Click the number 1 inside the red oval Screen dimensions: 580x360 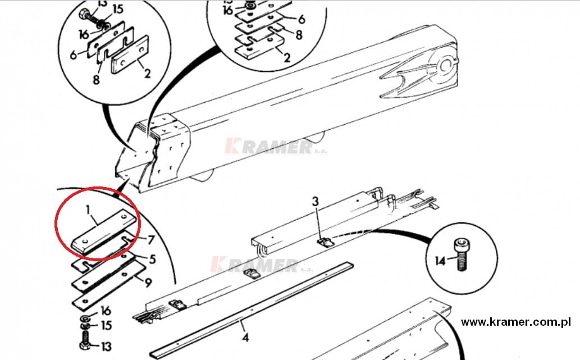pyautogui.click(x=88, y=210)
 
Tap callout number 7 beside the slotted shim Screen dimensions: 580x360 pyautogui.click(x=150, y=240)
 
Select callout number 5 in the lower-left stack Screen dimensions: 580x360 pyautogui.click(x=152, y=259)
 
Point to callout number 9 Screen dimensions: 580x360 pyautogui.click(x=148, y=283)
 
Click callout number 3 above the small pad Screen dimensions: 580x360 pyautogui.click(x=315, y=202)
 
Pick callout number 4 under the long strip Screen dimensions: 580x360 pyautogui.click(x=245, y=337)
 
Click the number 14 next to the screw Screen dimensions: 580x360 pyautogui.click(x=440, y=261)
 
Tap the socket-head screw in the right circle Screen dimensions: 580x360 pyautogui.click(x=460, y=254)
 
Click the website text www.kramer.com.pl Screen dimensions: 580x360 pyautogui.click(x=515, y=322)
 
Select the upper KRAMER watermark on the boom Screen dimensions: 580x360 pyautogui.click(x=276, y=147)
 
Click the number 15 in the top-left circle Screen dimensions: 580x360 pyautogui.click(x=117, y=9)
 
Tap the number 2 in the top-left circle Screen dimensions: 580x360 pyautogui.click(x=147, y=73)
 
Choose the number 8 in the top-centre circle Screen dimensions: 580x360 pyautogui.click(x=299, y=35)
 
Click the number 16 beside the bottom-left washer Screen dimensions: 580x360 pyautogui.click(x=106, y=311)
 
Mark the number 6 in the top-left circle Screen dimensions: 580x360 pyautogui.click(x=73, y=55)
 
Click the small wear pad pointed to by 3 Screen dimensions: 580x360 pyautogui.click(x=326, y=243)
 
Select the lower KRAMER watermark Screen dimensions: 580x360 pyautogui.click(x=262, y=265)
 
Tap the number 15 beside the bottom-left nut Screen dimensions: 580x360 pyautogui.click(x=107, y=326)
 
